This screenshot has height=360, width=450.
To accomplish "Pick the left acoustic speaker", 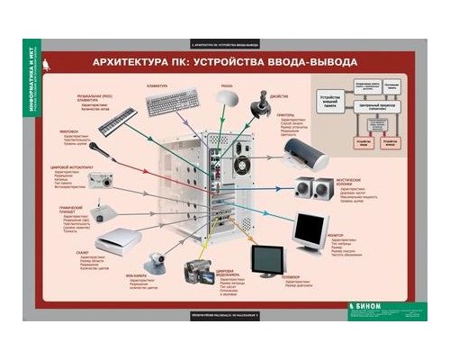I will click(301, 187).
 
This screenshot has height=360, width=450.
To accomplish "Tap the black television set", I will click(267, 262).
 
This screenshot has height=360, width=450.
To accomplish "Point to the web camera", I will click(155, 261).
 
